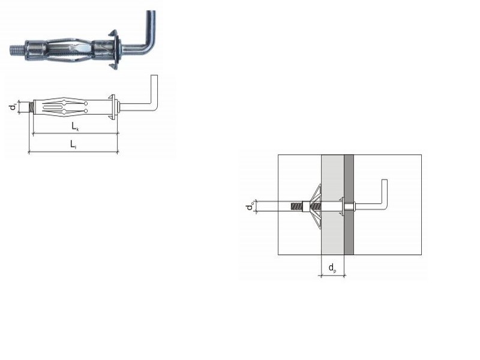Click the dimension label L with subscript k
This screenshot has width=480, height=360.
point(75,126)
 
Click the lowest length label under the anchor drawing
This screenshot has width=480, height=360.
point(73,145)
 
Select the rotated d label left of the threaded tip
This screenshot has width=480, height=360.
point(13,107)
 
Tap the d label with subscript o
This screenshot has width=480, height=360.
point(250,206)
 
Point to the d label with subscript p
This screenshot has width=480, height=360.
point(332,268)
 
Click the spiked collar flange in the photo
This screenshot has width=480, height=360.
point(114,50)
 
